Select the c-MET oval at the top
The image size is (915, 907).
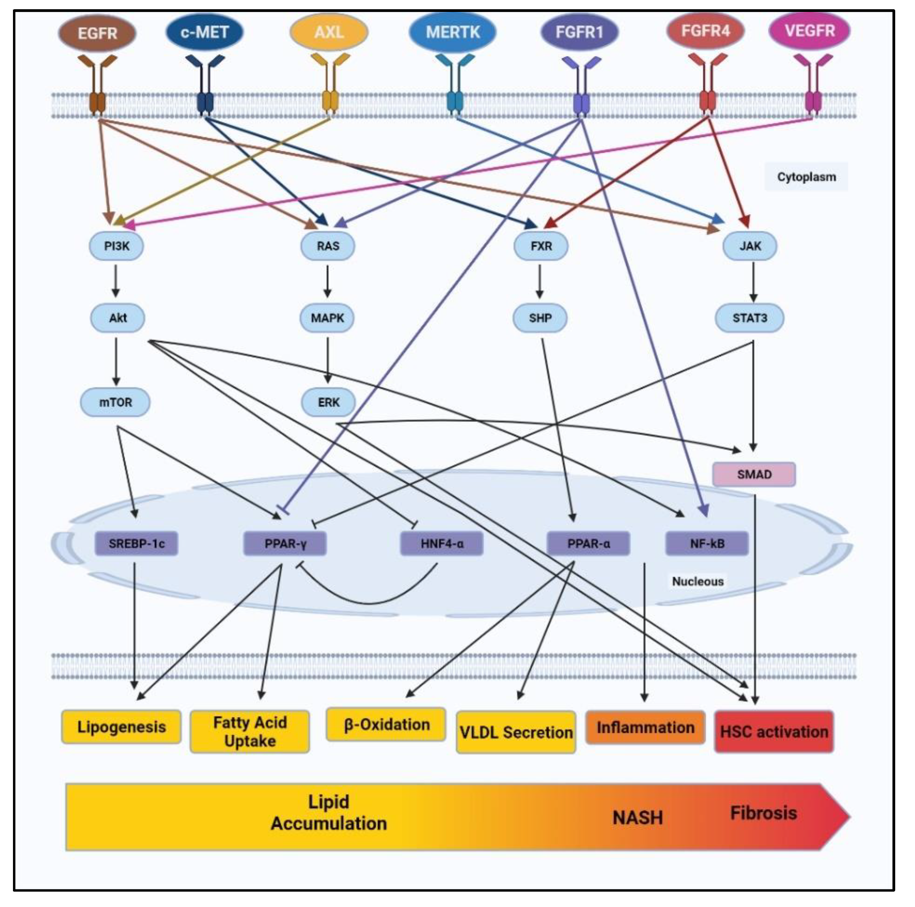click(x=204, y=32)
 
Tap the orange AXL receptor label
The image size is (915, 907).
click(x=329, y=32)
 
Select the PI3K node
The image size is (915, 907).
click(x=116, y=246)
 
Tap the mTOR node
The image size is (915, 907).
click(x=116, y=402)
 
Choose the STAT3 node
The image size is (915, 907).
click(x=750, y=318)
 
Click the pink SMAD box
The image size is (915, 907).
click(x=754, y=474)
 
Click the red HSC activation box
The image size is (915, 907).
click(x=774, y=732)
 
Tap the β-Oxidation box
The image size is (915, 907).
click(x=386, y=725)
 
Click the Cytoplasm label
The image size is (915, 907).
click(x=806, y=177)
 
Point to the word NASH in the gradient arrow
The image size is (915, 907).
click(x=638, y=818)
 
